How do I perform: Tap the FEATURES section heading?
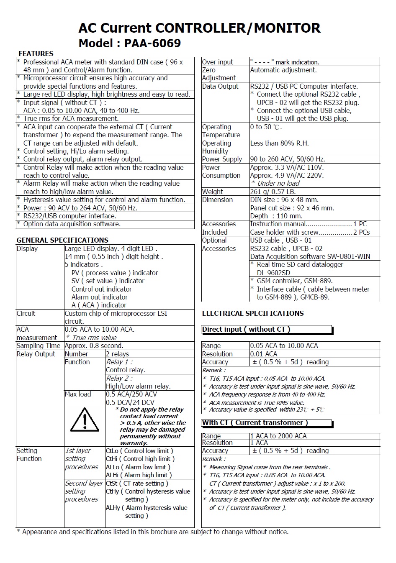click(36, 54)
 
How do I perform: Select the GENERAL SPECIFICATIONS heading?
click(62, 240)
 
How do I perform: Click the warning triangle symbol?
click(85, 419)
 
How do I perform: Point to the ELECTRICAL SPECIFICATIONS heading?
click(253, 313)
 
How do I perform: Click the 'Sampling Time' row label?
click(39, 345)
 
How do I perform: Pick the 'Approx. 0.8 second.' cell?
click(94, 345)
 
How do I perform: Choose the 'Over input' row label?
click(218, 62)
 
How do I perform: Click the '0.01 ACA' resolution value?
click(264, 354)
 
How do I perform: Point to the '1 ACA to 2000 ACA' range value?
click(278, 436)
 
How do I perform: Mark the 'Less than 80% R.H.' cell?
click(279, 143)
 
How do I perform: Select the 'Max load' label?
click(78, 394)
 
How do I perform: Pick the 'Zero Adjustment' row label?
click(219, 74)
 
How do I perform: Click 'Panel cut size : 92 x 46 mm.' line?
click(292, 208)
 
